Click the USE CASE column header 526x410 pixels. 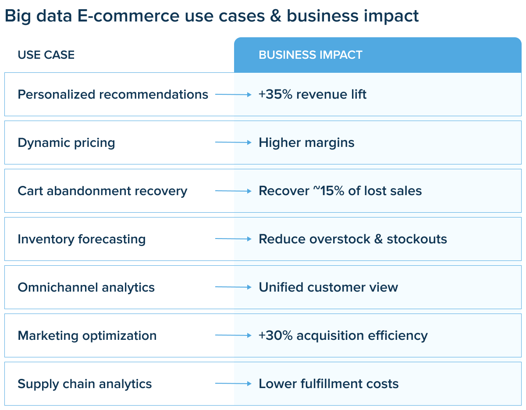(46, 55)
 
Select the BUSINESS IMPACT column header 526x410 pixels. (310, 55)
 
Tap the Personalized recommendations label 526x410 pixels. (113, 94)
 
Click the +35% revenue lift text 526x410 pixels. (313, 94)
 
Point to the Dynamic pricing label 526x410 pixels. (66, 143)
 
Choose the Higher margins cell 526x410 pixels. (306, 143)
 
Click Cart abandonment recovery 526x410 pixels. (103, 191)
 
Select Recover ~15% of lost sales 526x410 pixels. (340, 191)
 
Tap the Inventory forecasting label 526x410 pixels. (82, 239)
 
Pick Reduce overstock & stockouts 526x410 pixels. (353, 239)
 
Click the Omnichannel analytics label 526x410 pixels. (86, 288)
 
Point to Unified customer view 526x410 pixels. (328, 287)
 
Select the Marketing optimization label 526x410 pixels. (87, 336)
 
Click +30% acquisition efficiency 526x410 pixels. (343, 336)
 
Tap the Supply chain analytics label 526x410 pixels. (85, 384)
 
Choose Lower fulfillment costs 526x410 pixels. (328, 384)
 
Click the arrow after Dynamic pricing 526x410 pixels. (233, 143)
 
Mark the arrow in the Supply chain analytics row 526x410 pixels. (233, 384)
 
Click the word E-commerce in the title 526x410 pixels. (128, 16)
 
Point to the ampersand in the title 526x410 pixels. (276, 16)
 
